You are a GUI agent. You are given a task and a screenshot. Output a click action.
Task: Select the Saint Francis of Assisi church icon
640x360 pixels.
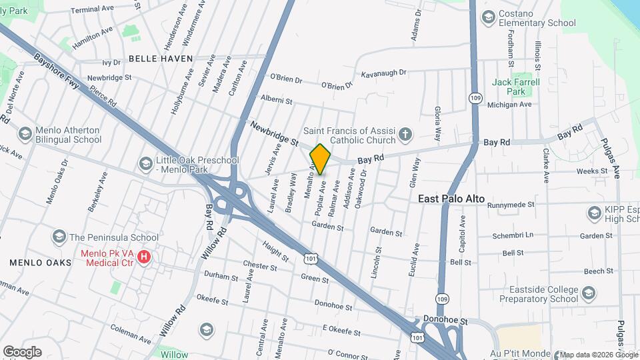tap(404, 135)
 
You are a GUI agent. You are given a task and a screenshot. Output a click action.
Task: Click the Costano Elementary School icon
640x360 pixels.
tap(488, 17)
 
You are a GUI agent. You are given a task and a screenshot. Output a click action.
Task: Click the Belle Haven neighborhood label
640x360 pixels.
tap(161, 59)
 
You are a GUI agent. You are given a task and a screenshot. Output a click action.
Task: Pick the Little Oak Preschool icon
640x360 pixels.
tap(145, 163)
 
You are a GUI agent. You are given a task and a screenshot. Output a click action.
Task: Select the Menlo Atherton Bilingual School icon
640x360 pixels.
tap(25, 134)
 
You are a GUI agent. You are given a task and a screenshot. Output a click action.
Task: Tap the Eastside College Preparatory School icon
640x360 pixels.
tap(588, 293)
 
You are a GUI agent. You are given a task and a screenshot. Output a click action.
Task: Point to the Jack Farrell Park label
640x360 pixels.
tap(515, 87)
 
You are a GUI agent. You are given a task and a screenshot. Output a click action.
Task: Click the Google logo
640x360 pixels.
tap(22, 352)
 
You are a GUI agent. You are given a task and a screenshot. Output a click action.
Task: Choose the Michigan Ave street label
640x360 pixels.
tap(509, 105)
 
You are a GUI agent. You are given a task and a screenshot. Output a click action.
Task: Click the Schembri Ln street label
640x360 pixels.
tap(513, 235)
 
